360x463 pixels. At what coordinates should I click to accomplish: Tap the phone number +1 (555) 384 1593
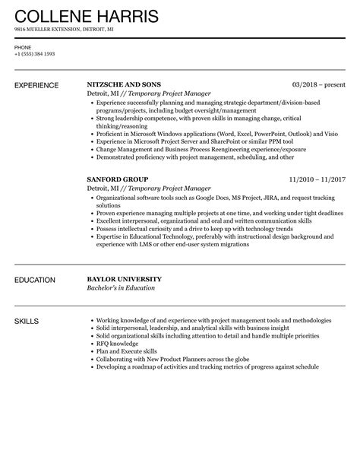point(34,53)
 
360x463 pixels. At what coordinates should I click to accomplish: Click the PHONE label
point(22,46)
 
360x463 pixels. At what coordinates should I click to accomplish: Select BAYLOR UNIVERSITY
point(125,279)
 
